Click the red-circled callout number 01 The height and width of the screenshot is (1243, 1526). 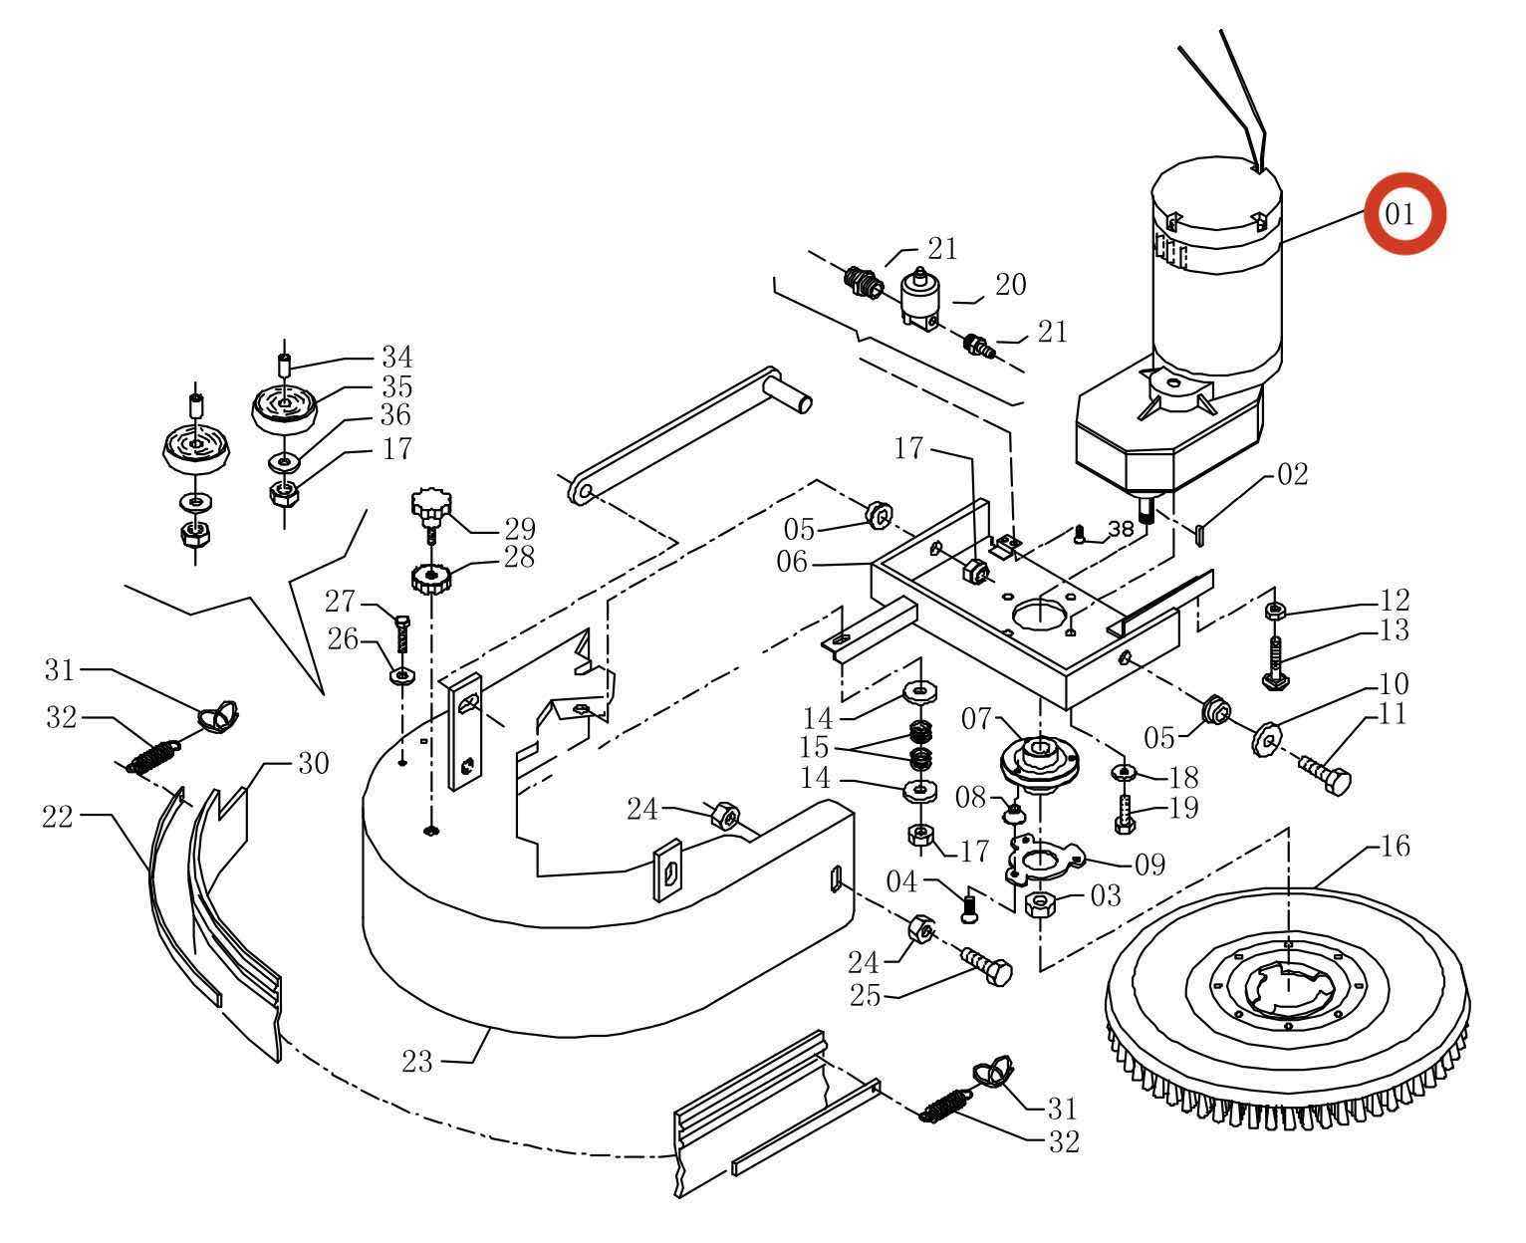point(1399,213)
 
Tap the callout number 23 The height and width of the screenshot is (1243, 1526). point(417,1061)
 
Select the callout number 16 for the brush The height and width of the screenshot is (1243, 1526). point(1395,846)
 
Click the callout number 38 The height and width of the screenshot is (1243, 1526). point(1122,529)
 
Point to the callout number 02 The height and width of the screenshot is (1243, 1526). point(1293,473)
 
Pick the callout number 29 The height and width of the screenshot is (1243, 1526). point(520,529)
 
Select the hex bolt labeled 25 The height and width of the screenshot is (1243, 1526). point(985,966)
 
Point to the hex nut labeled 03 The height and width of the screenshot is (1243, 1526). point(1040,905)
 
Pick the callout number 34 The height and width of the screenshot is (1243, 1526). point(396,356)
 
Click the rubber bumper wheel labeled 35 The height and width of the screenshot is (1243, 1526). point(285,409)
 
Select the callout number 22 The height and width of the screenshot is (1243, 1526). point(58,816)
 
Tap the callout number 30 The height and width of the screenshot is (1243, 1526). point(313,763)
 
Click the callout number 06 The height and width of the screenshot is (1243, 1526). point(792,561)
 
